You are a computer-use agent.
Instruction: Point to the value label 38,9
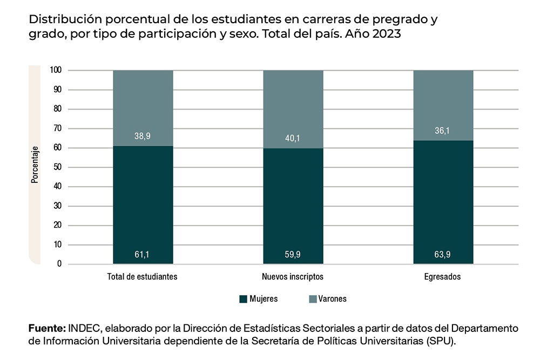pos(143,136)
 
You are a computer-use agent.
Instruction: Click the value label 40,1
pos(293,139)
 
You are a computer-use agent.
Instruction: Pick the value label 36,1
pos(443,131)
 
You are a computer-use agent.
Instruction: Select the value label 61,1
pos(143,254)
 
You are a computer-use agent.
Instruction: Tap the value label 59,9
pos(293,254)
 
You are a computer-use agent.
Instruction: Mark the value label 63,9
pos(443,254)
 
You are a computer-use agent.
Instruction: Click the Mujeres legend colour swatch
pos(242,298)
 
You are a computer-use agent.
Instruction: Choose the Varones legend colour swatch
pos(312,298)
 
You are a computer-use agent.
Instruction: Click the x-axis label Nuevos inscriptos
pos(293,277)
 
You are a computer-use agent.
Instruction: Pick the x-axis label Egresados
pos(443,277)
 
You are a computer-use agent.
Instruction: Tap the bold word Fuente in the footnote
pos(46,329)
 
